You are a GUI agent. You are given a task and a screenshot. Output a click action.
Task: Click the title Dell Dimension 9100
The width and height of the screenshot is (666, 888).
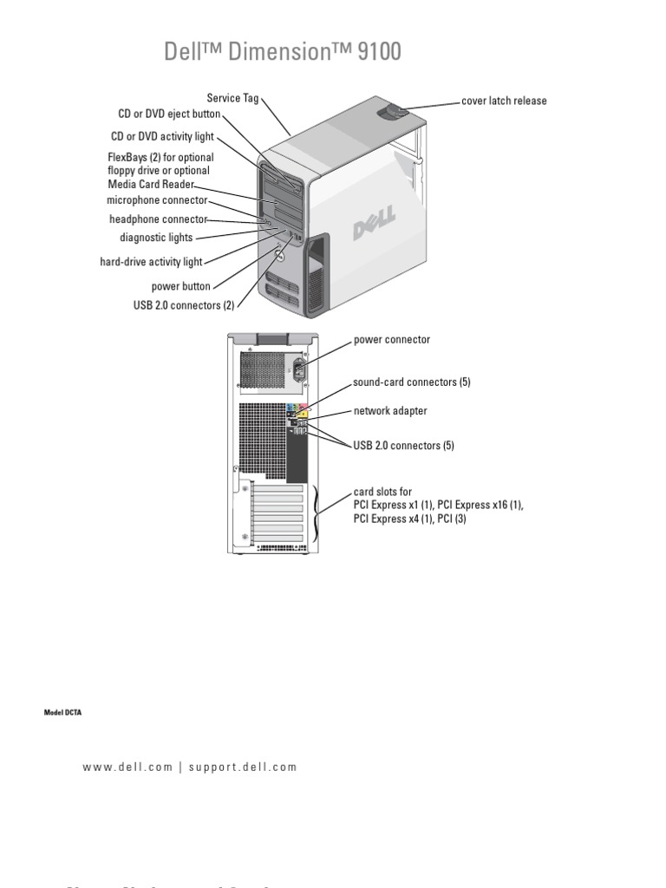[283, 52]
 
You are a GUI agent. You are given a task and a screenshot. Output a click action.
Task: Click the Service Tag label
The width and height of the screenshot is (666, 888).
[232, 98]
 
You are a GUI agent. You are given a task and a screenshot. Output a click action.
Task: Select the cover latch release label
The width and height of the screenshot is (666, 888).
[504, 101]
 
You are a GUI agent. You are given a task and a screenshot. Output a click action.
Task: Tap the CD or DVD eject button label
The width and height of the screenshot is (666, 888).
[169, 114]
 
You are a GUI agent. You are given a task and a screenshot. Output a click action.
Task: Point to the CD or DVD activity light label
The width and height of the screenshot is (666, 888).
[162, 136]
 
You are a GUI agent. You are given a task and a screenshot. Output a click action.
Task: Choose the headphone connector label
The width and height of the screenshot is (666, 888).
[158, 219]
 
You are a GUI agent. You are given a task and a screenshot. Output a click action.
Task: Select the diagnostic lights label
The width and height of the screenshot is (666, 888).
[156, 238]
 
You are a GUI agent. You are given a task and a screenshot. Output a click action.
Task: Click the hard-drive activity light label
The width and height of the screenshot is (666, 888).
[151, 262]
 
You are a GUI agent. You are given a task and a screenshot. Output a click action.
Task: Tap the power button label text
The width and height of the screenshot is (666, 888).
[180, 285]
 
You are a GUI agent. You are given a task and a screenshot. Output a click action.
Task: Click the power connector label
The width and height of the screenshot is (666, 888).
[391, 340]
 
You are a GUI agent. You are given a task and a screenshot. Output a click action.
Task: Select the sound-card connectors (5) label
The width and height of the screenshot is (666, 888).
[411, 382]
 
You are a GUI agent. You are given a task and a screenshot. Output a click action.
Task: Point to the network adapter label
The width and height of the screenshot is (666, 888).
[389, 411]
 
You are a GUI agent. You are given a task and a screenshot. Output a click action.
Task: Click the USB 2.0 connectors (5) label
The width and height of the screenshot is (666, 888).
[403, 446]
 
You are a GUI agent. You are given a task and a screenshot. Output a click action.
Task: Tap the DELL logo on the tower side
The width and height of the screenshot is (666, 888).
[373, 224]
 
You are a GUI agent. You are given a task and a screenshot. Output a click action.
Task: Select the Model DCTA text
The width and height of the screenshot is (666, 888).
[62, 712]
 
